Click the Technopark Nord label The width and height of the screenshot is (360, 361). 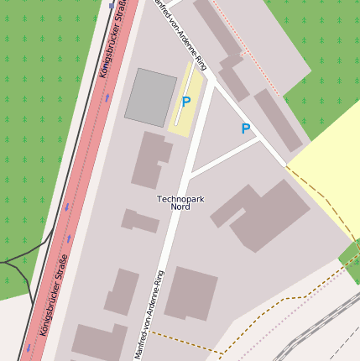point(180,202)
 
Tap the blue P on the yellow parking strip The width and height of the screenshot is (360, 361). point(185,102)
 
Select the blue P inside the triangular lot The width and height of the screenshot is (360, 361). point(245,129)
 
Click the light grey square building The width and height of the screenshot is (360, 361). point(151,97)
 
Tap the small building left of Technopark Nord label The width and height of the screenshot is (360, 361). point(140,222)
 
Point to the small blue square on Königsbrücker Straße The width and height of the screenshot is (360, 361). point(112,5)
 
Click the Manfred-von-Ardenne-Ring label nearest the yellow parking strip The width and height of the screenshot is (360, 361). point(178,34)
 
